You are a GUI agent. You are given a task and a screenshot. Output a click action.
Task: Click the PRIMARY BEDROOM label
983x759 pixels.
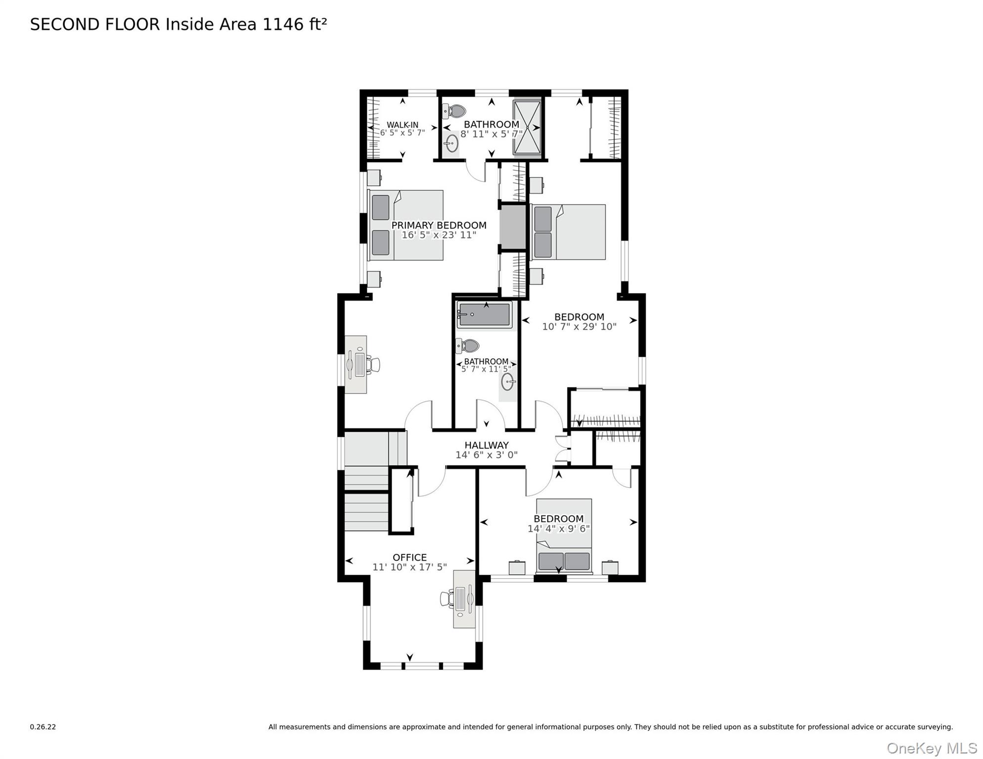(439, 225)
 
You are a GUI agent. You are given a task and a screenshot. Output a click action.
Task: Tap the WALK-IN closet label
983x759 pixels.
(402, 125)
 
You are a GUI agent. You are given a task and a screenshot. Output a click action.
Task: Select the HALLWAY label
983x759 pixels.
(486, 445)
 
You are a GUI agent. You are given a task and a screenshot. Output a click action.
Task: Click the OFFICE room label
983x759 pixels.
(409, 557)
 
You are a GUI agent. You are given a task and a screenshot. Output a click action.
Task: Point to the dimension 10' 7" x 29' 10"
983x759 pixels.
(579, 327)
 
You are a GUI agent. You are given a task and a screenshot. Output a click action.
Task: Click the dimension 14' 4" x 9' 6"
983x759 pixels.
(558, 529)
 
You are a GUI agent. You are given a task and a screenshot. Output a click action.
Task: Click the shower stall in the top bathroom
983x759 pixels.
(527, 127)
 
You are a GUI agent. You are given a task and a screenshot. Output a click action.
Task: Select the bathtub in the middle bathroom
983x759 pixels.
(484, 315)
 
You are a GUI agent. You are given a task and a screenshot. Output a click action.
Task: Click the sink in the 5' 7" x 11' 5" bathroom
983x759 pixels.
(507, 381)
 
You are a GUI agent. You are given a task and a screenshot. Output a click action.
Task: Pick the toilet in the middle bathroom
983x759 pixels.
(468, 346)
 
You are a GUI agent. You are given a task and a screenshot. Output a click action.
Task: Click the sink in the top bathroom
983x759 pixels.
(451, 144)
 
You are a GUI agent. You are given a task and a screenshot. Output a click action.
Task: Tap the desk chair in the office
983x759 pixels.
(447, 599)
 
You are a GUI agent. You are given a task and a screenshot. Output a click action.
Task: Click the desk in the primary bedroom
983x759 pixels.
(356, 365)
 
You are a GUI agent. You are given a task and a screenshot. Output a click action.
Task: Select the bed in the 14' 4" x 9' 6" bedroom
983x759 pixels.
(564, 536)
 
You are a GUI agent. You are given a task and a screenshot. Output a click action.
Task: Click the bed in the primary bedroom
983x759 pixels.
(406, 225)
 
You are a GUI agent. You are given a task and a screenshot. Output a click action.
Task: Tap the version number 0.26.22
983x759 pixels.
(43, 727)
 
